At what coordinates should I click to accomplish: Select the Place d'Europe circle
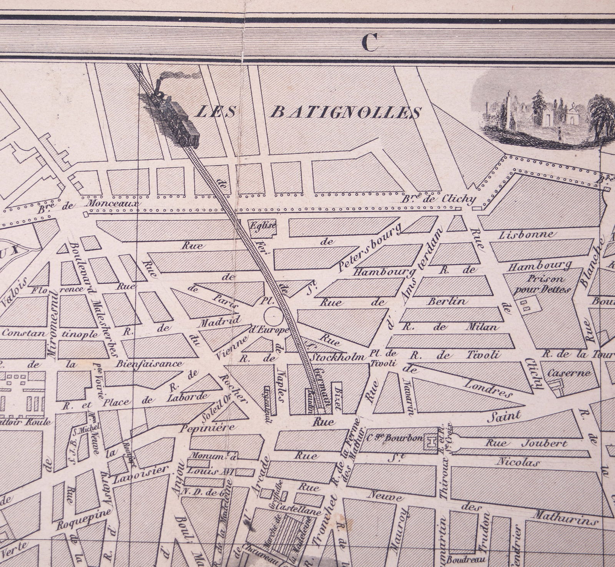(273, 316)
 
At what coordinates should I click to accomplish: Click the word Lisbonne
(525, 234)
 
